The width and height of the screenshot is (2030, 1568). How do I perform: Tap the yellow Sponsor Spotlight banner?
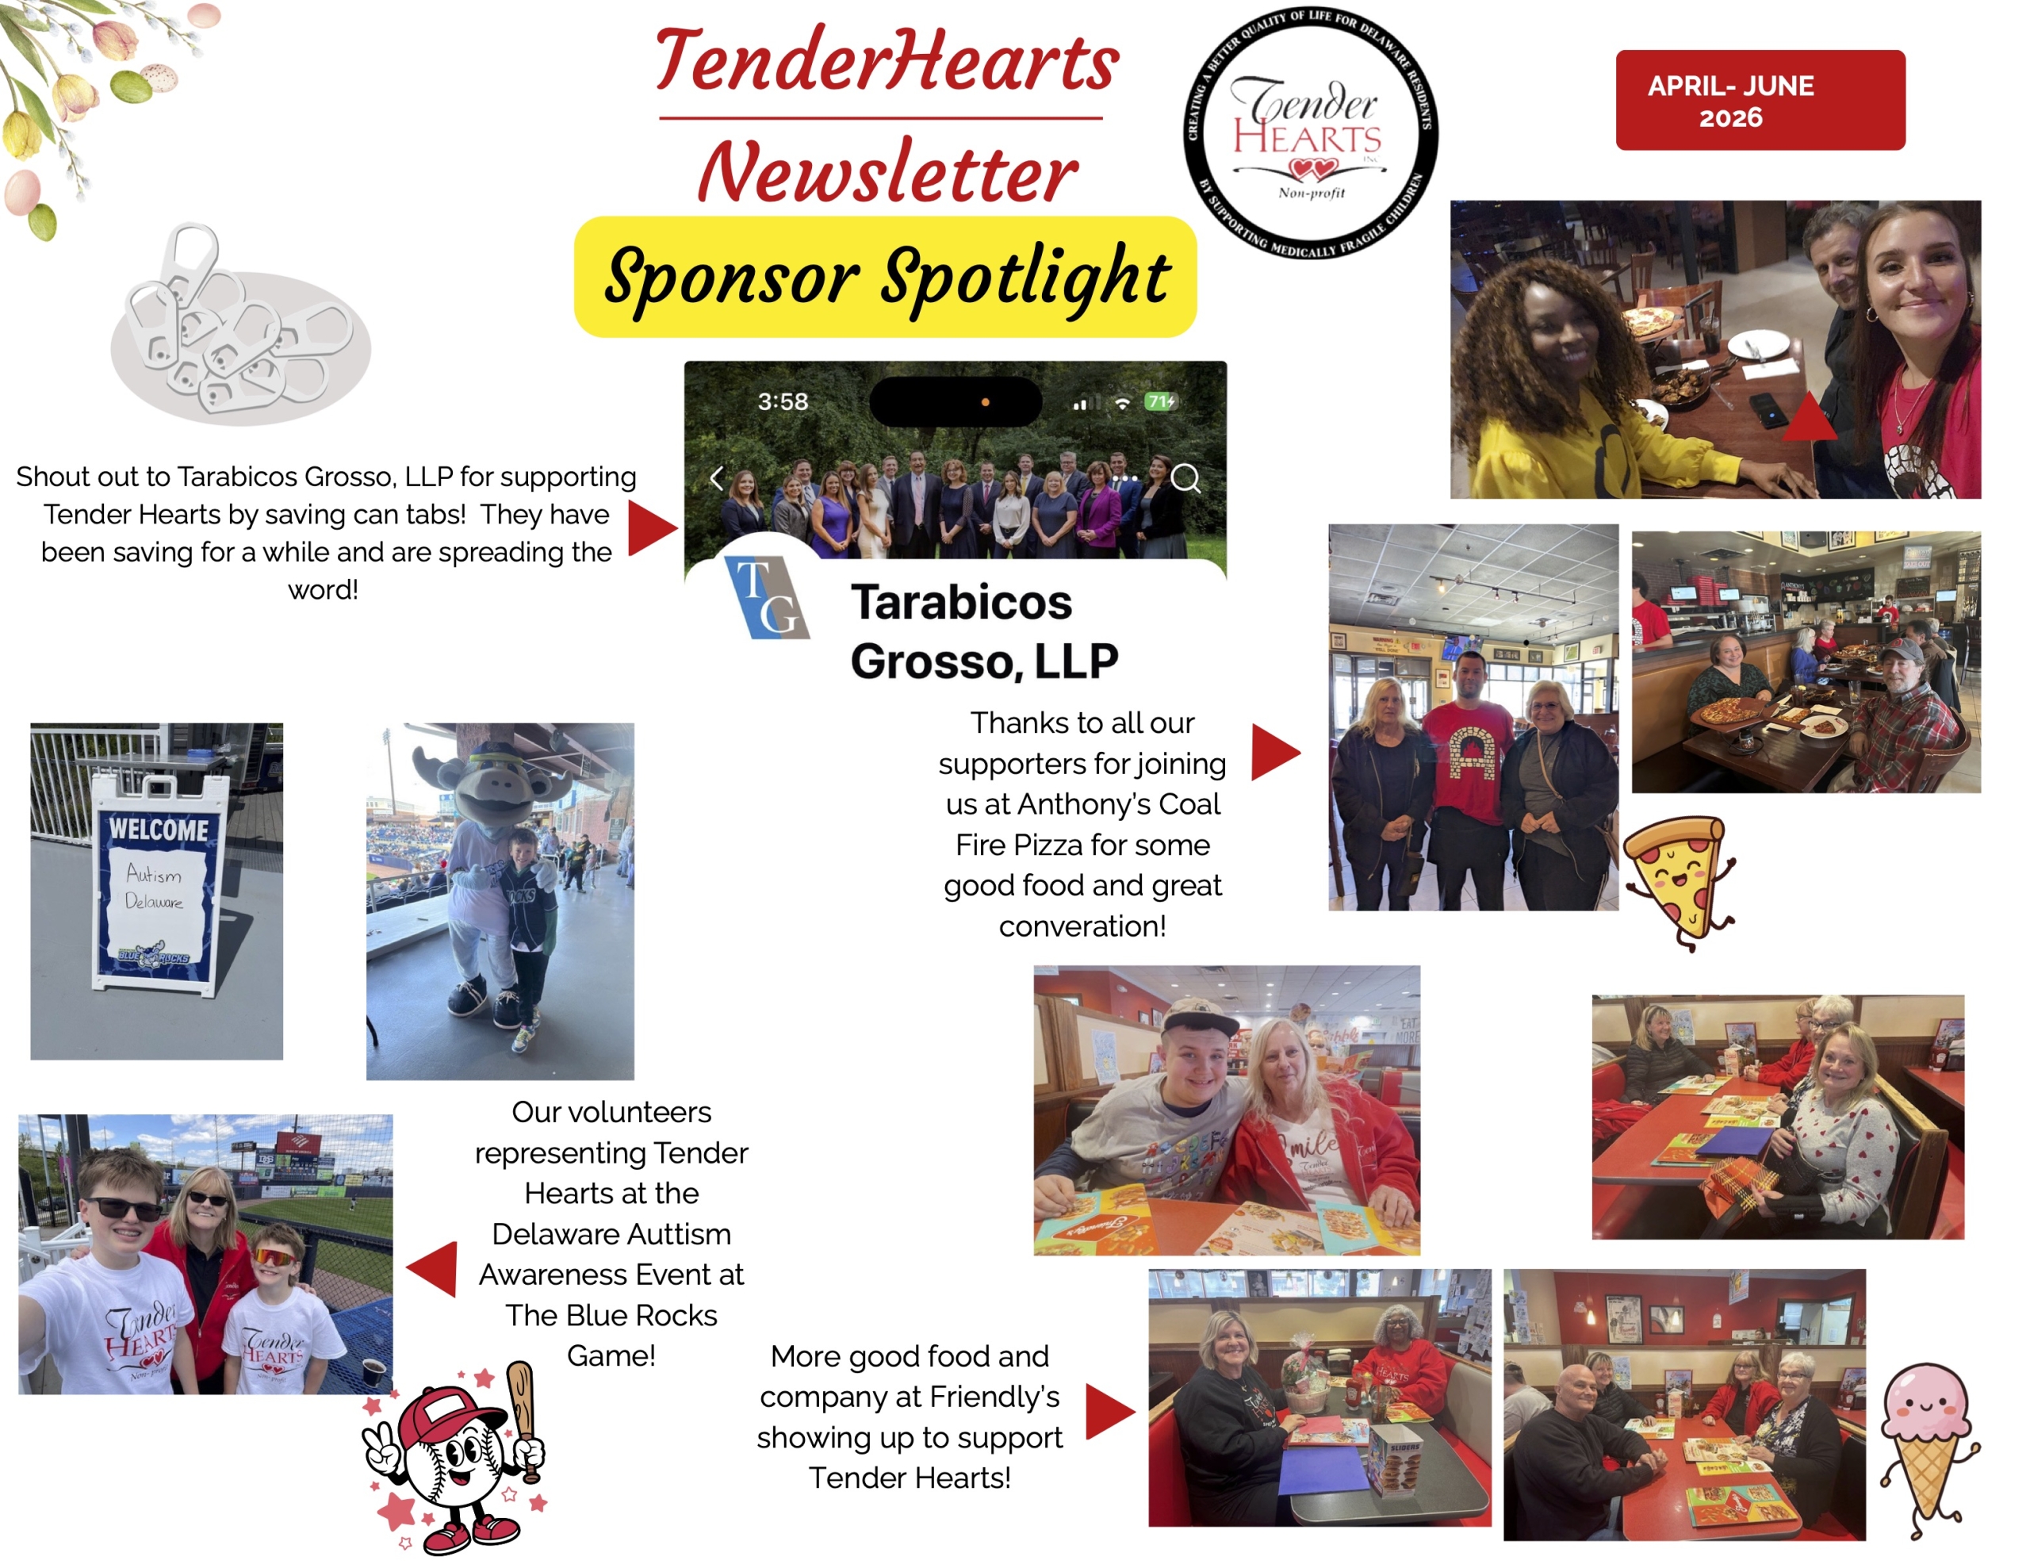[x=885, y=277]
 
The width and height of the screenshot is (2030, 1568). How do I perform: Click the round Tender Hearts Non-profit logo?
[x=1311, y=133]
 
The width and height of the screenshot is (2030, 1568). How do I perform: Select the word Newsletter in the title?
[x=887, y=173]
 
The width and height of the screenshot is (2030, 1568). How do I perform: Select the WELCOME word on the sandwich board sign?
[x=159, y=828]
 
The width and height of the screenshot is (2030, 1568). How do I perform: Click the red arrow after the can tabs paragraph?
[x=653, y=528]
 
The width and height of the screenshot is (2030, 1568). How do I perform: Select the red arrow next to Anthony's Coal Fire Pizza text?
[x=1276, y=752]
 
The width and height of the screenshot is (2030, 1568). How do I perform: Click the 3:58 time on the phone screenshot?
[x=783, y=401]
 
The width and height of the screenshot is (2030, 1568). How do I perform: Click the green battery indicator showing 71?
[x=1161, y=401]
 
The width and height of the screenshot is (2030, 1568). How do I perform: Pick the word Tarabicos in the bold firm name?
[x=961, y=602]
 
